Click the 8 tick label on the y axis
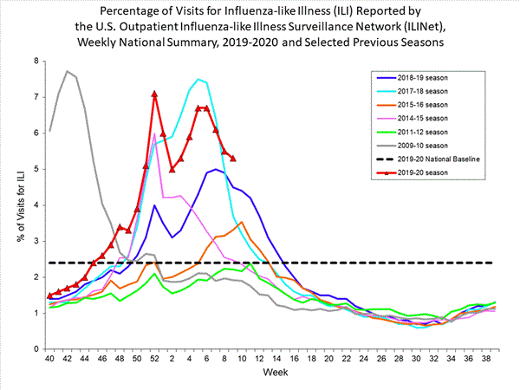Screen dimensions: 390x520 [36, 61]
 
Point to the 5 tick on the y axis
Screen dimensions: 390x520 [36, 169]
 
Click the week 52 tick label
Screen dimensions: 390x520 [154, 358]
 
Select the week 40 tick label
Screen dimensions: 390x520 [50, 358]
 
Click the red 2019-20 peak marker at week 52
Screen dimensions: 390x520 [154, 94]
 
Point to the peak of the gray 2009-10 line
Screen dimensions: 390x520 [68, 71]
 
